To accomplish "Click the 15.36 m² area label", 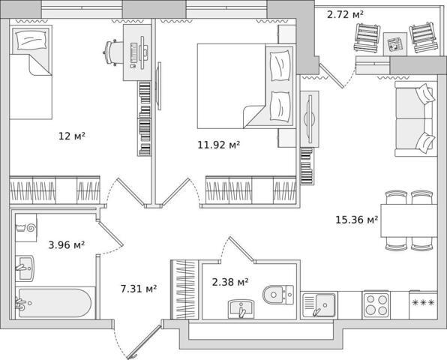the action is click(357, 220).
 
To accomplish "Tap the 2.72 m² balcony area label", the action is click(345, 14).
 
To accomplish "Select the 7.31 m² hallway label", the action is click(139, 289).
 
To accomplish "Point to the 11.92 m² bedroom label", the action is click(219, 145).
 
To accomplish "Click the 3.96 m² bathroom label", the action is click(67, 244).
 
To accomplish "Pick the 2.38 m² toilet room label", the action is click(230, 282).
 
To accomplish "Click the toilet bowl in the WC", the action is click(277, 295).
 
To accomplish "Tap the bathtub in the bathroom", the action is click(55, 303).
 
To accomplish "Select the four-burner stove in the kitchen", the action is click(376, 305).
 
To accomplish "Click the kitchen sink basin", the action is click(325, 304).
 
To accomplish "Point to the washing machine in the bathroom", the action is click(26, 227).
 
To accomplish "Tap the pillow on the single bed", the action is click(31, 40).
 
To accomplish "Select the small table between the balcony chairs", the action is click(394, 44).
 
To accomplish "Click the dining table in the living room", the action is click(409, 220).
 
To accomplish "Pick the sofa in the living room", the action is click(415, 118).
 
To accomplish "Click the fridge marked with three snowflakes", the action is click(423, 305).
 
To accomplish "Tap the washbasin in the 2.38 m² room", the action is click(241, 309).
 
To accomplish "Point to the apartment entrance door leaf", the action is click(145, 341).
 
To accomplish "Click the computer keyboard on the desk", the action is click(133, 52).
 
